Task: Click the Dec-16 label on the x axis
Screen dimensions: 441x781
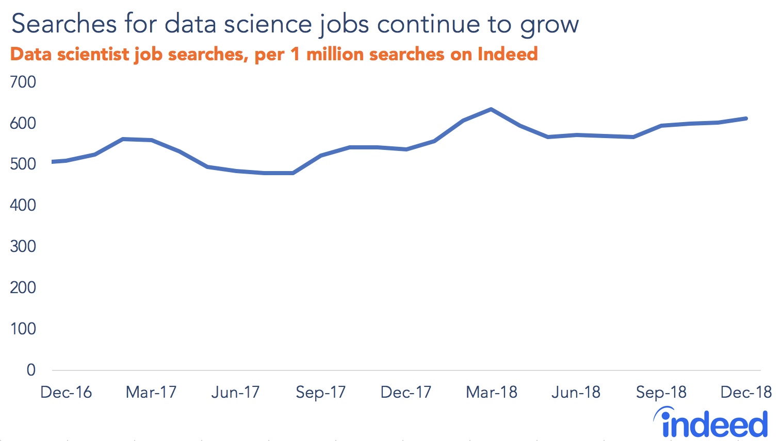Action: [x=66, y=393]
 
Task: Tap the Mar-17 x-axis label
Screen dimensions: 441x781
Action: [x=151, y=393]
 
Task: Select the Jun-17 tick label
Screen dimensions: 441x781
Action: [x=235, y=393]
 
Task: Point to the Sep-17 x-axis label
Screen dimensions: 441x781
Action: [x=320, y=393]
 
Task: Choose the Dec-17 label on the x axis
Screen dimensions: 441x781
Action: [x=405, y=393]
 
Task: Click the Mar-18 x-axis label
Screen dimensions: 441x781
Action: [x=491, y=393]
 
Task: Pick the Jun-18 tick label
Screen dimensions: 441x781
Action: [x=576, y=393]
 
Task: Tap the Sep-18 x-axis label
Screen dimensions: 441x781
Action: [x=661, y=393]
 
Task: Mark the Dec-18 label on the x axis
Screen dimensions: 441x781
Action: [x=746, y=393]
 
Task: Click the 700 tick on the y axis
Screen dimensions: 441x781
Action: [x=23, y=82]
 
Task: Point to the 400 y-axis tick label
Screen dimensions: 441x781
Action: [x=23, y=205]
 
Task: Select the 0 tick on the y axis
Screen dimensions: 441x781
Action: [x=31, y=369]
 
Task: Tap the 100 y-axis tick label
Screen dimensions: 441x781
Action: [x=23, y=328]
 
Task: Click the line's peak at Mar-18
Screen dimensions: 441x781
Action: [x=491, y=109]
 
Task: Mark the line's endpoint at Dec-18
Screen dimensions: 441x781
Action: [x=746, y=118]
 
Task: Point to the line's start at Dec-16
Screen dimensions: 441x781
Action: [x=53, y=162]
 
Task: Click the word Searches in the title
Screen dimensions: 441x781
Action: [x=64, y=24]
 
